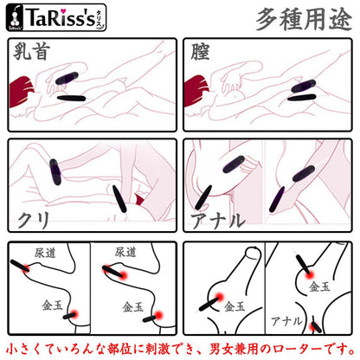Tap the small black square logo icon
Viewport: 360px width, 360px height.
18,17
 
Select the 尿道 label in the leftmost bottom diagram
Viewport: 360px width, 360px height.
45,253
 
